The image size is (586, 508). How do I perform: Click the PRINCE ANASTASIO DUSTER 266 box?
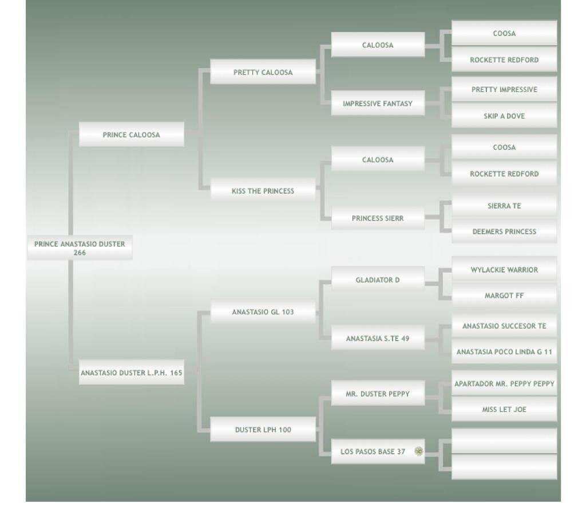point(80,247)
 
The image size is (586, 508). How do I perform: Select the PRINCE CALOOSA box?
point(131,135)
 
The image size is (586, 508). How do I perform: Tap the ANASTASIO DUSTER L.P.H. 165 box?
point(131,373)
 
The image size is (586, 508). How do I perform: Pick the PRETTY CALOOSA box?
point(263,72)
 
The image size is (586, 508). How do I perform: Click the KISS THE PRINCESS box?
point(263,191)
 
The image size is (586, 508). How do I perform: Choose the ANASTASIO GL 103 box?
point(263,312)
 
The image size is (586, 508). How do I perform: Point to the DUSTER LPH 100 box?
point(263,430)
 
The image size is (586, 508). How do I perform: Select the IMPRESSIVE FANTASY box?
point(378,103)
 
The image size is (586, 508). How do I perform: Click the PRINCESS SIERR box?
point(378,218)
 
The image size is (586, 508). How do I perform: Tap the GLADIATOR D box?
point(378,280)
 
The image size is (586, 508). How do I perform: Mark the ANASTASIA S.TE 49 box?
point(378,338)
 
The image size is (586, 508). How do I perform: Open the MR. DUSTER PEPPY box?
point(378,394)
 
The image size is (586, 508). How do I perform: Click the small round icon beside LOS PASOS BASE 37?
point(419,451)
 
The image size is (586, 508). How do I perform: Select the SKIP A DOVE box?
point(504,116)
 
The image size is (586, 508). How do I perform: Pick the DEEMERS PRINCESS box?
point(504,231)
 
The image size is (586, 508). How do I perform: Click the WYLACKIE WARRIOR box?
point(504,270)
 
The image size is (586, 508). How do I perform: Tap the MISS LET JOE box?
point(504,409)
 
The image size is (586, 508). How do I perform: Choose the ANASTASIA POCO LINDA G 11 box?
point(504,352)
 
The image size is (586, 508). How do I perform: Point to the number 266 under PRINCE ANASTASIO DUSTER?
point(80,253)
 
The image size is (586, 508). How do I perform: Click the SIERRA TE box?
point(504,206)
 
